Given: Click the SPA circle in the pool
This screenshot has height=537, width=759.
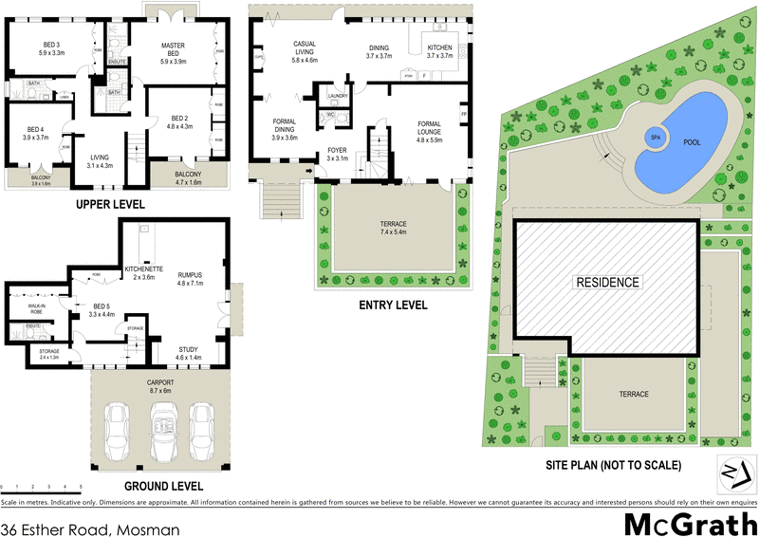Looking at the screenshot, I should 655,137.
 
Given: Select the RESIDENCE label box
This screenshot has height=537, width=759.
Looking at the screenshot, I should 606,282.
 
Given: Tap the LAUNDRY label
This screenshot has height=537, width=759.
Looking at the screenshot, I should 337,97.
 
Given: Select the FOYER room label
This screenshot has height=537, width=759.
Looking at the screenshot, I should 338,155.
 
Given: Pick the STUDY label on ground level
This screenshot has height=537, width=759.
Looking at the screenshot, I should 189,353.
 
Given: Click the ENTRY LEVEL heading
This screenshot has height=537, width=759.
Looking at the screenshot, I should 393,306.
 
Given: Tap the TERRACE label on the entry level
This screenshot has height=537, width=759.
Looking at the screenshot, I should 393,228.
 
